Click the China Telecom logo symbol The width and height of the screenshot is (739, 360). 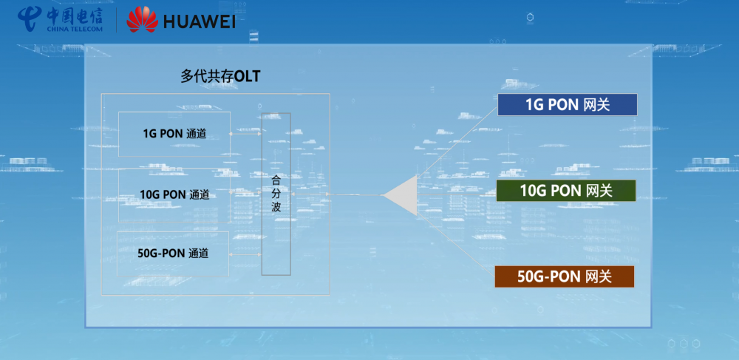click(x=30, y=18)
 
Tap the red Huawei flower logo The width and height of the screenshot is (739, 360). click(x=143, y=19)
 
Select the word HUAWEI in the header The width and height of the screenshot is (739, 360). click(x=200, y=21)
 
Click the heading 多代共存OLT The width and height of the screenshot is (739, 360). click(x=220, y=76)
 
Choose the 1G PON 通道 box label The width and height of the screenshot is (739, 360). click(x=175, y=134)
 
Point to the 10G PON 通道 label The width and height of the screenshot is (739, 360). click(x=174, y=194)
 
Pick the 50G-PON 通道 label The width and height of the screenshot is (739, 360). click(x=173, y=254)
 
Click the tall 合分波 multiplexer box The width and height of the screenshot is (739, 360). click(x=276, y=194)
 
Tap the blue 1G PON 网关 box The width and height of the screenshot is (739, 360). click(x=568, y=105)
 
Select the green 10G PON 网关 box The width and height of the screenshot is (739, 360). click(x=566, y=191)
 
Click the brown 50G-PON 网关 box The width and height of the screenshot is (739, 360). click(x=564, y=276)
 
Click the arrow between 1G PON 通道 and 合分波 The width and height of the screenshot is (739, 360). click(x=245, y=134)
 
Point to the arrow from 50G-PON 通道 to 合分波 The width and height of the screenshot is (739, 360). click(x=245, y=254)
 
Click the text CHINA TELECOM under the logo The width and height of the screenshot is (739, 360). click(x=75, y=29)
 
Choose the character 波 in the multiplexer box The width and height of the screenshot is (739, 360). click(x=276, y=207)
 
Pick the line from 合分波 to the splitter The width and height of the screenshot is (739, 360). click(x=337, y=194)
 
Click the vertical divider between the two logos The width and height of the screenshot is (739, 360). click(x=117, y=19)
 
